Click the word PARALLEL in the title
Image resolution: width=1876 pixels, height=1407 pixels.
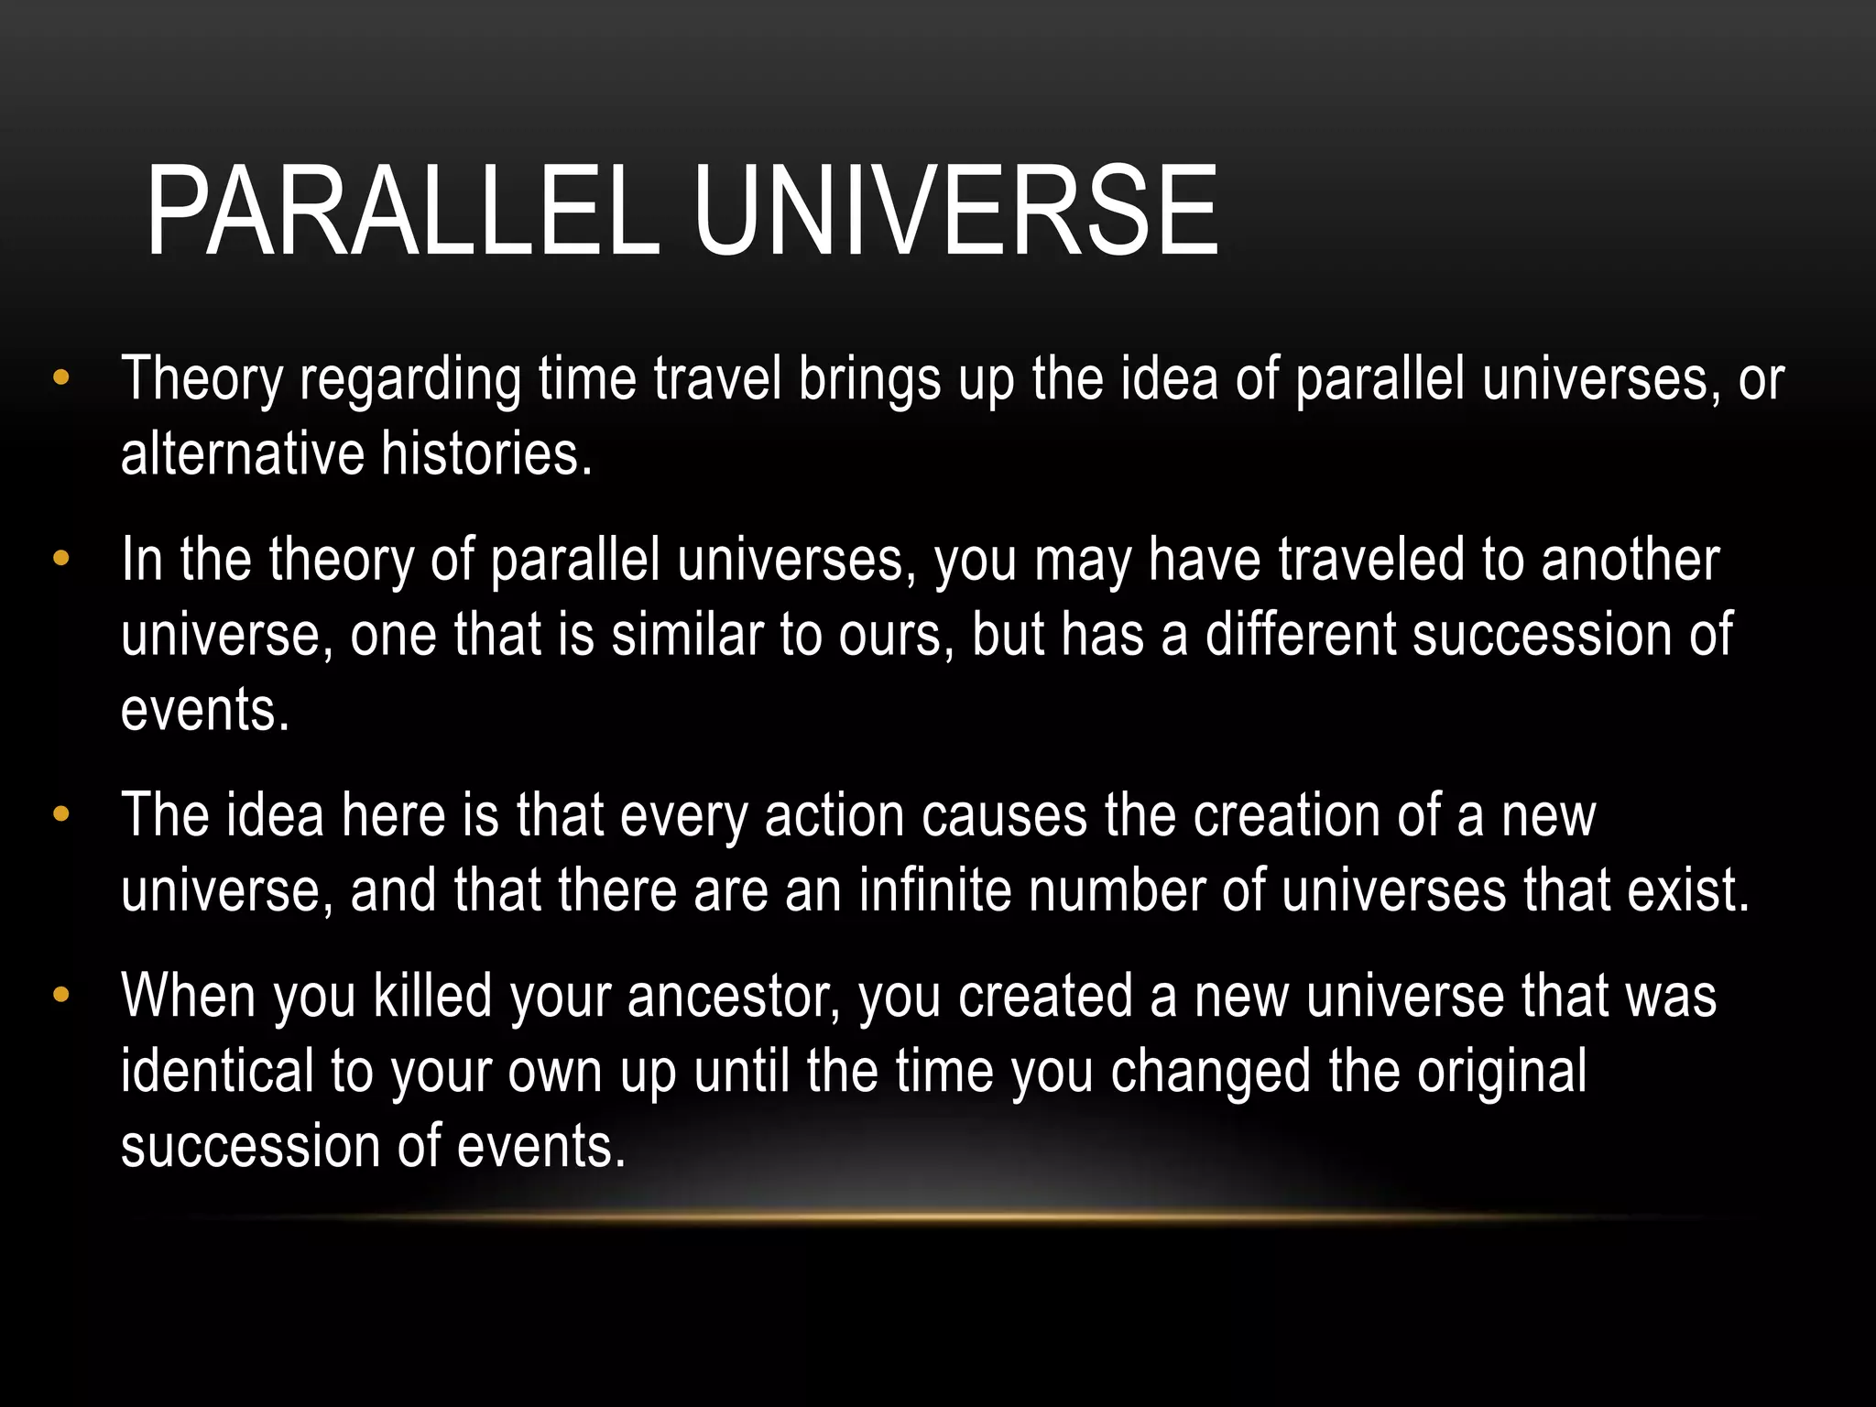[x=403, y=212]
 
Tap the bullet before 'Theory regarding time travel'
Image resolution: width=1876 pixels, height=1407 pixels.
[x=61, y=377]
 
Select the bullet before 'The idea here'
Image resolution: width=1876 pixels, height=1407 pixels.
[x=61, y=813]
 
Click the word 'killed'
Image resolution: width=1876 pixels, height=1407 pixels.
[x=433, y=997]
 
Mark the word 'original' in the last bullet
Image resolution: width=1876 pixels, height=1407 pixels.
[x=1502, y=1071]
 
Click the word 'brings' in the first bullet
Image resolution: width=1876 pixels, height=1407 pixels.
[x=870, y=379]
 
